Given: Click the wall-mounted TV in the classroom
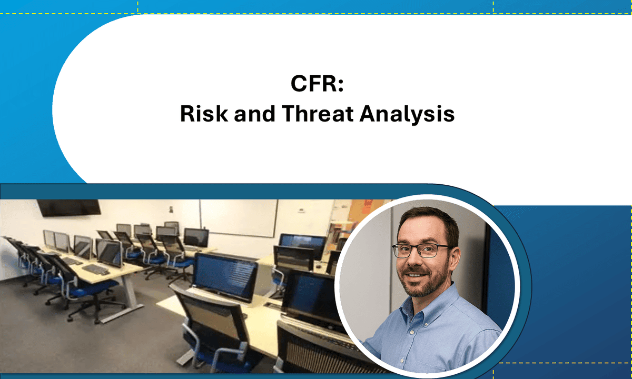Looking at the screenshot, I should coord(68,207).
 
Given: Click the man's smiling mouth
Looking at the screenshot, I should coord(417,275).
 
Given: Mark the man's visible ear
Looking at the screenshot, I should coord(455,253).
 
